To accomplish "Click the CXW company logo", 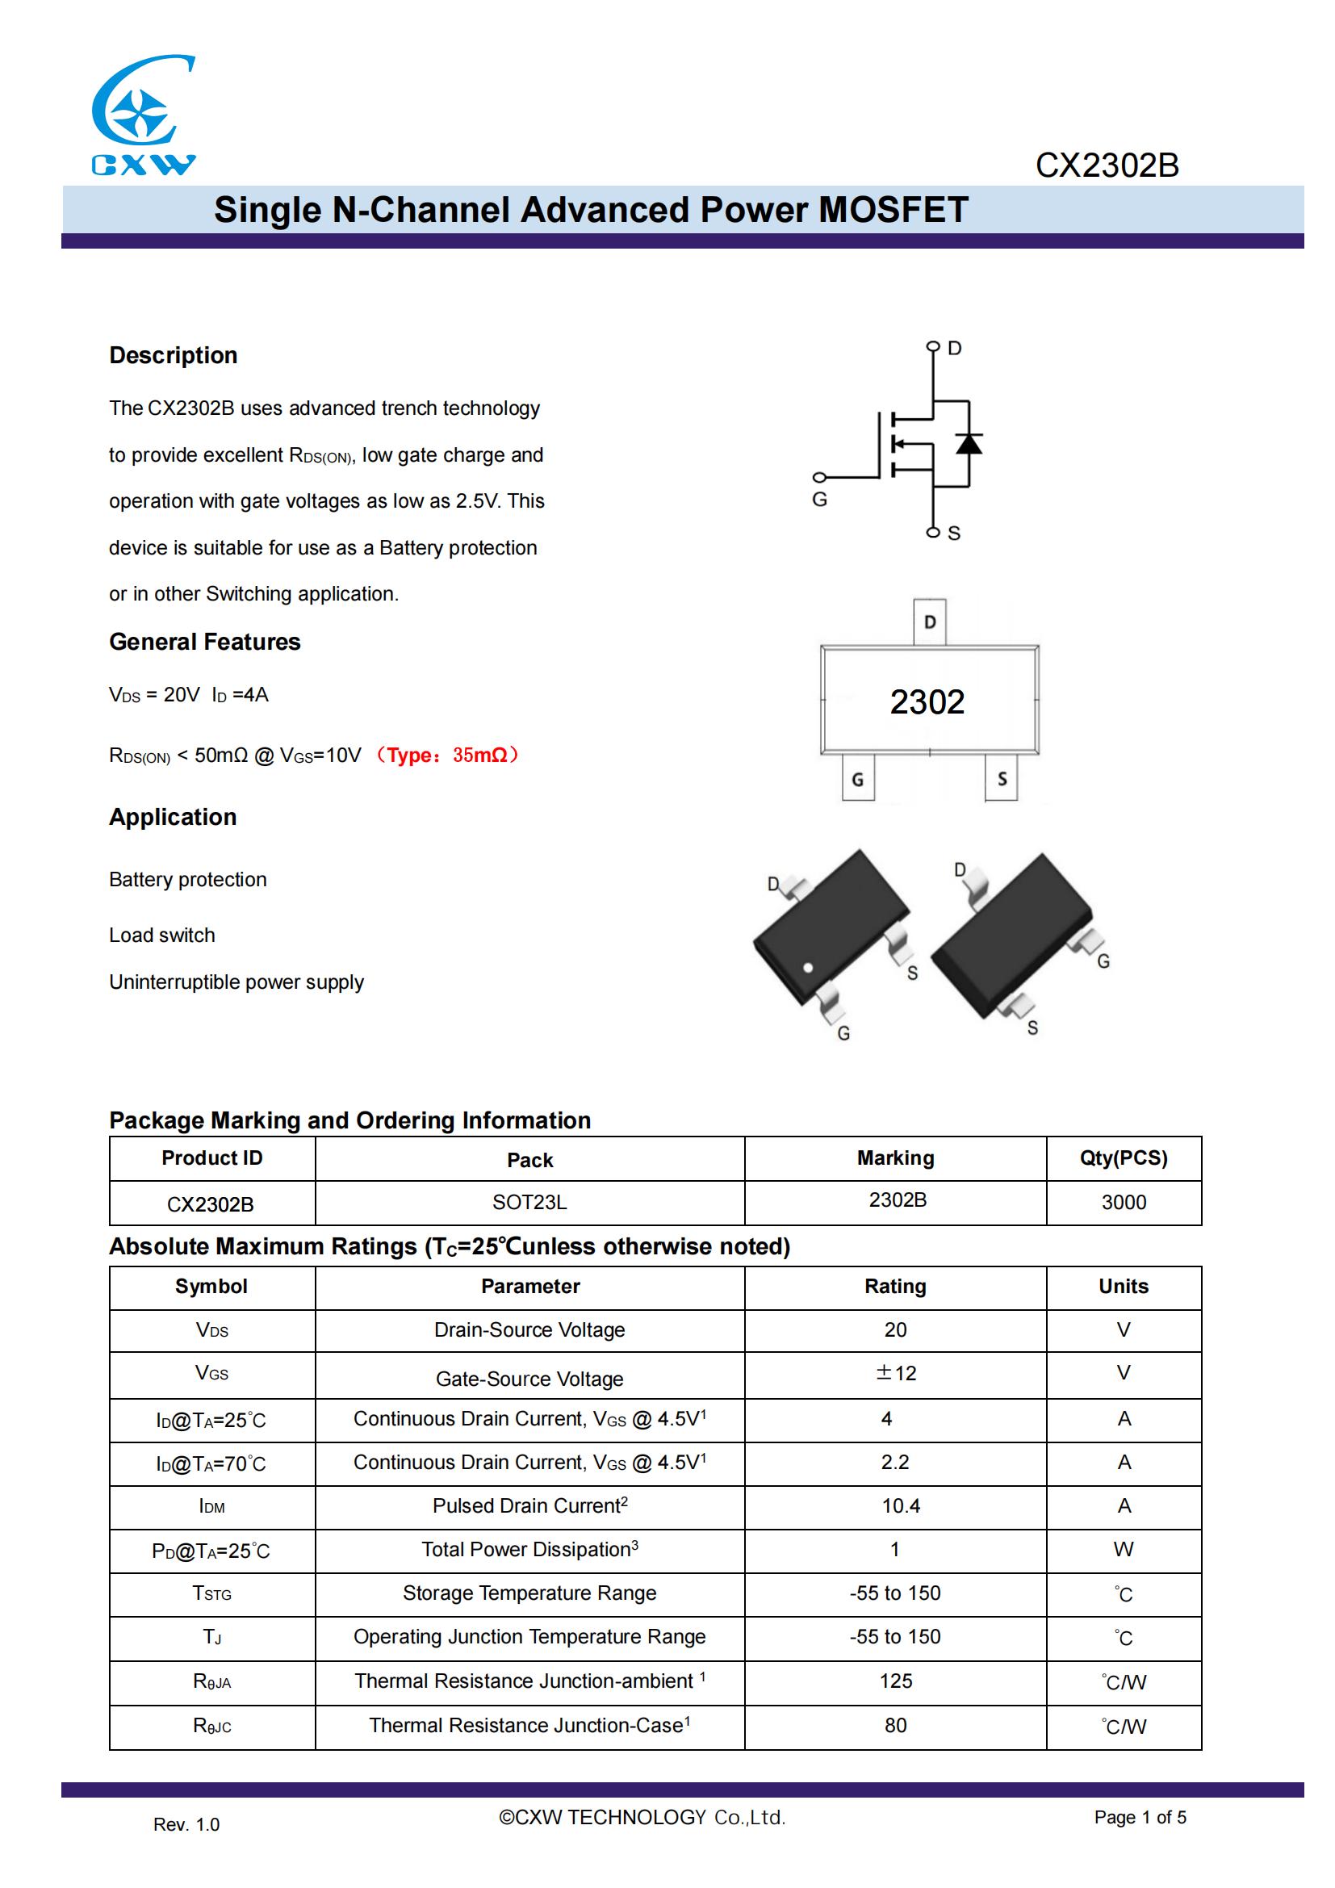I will pos(143,115).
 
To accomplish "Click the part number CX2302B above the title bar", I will pos(1107,165).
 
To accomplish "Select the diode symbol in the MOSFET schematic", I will pos(969,444).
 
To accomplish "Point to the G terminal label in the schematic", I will pos(819,499).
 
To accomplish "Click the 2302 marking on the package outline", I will pos(927,701).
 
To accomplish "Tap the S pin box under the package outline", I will pos(1001,778).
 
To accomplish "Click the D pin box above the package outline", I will pos(930,622).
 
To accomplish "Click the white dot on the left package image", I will pos(808,968).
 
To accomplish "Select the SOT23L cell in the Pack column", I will pos(529,1202).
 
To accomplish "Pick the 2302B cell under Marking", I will pos(898,1199).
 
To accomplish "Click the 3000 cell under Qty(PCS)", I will pos(1123,1202).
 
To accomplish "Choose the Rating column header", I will pos(895,1286).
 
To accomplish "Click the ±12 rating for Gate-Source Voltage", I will pos(895,1372).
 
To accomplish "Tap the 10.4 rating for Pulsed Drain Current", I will pos(901,1505).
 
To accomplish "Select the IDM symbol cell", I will pos(212,1505).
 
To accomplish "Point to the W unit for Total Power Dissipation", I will pos(1123,1549).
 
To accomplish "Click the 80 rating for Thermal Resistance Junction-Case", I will pos(895,1725).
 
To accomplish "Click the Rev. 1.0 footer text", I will pos(186,1825).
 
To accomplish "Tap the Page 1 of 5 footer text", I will pos(1140,1817).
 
